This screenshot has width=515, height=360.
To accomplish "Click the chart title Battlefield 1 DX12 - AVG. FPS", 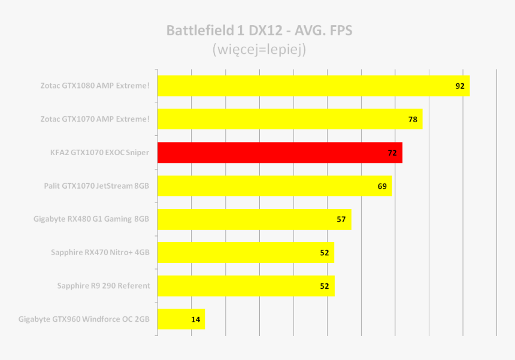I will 259,31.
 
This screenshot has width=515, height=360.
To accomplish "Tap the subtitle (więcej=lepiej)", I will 259,50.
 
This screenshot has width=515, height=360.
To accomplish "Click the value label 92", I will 460,86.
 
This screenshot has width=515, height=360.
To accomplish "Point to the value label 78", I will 413,120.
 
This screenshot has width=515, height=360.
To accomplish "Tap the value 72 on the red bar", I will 392,153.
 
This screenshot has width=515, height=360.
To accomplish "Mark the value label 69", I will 382,186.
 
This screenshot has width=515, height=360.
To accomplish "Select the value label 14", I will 196,320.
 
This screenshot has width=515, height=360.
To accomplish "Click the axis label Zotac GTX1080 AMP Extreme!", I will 95,86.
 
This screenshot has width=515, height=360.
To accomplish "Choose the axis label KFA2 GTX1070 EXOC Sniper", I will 99,153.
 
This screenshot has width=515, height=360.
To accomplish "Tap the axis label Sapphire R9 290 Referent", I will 103,286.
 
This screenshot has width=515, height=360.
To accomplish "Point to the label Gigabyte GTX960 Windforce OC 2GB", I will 84,319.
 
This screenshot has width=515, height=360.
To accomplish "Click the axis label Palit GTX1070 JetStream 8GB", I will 96,186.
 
